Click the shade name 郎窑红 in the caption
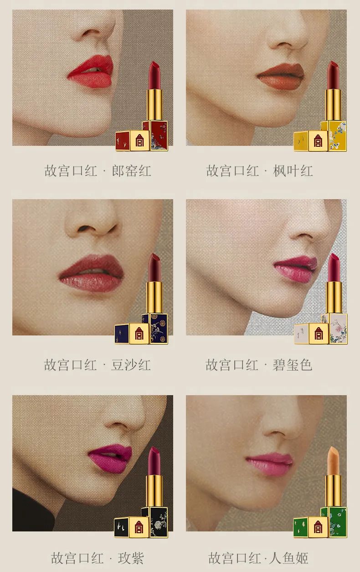132,171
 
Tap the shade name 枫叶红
293,171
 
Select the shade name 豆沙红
131,365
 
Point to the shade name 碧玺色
293,365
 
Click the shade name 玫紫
131,558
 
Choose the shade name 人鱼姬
289,558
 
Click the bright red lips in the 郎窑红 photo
91,72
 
